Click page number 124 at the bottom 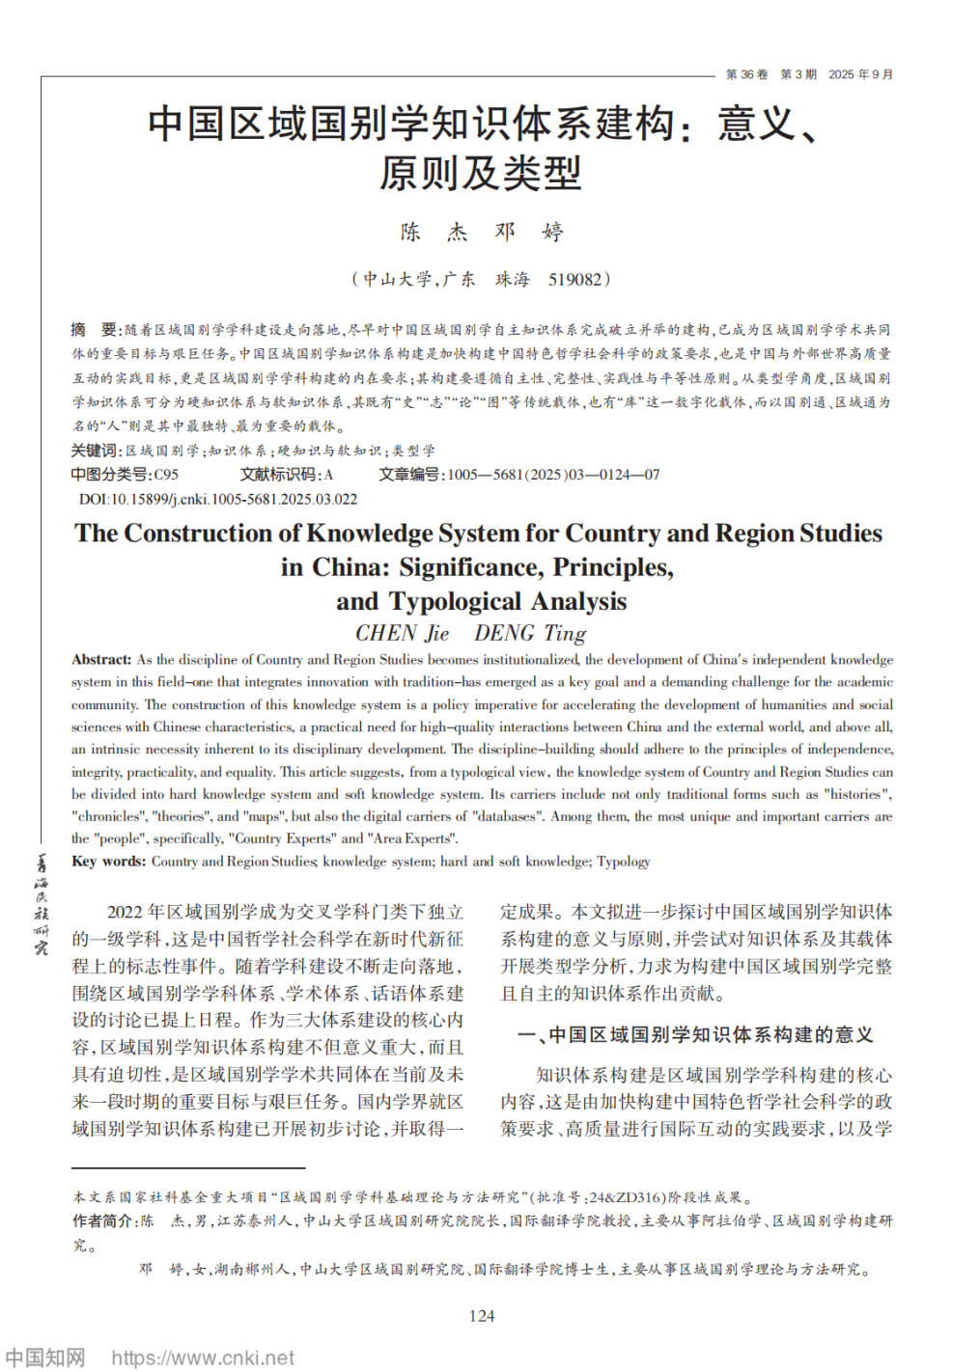click(x=481, y=1315)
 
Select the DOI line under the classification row click(x=218, y=499)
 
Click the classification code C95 click(x=166, y=475)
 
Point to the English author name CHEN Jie click(x=402, y=633)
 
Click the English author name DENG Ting click(x=530, y=633)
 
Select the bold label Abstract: click(x=100, y=660)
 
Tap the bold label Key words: click(x=108, y=861)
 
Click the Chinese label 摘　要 click(x=94, y=330)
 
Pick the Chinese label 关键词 click(x=96, y=451)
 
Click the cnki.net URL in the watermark click(x=203, y=1358)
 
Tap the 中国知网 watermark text click(x=45, y=1358)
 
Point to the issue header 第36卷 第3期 click(x=770, y=74)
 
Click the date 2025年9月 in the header click(x=860, y=74)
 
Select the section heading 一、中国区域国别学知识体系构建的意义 click(x=695, y=1034)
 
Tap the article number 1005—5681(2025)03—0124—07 click(x=553, y=475)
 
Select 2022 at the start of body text click(x=125, y=912)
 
